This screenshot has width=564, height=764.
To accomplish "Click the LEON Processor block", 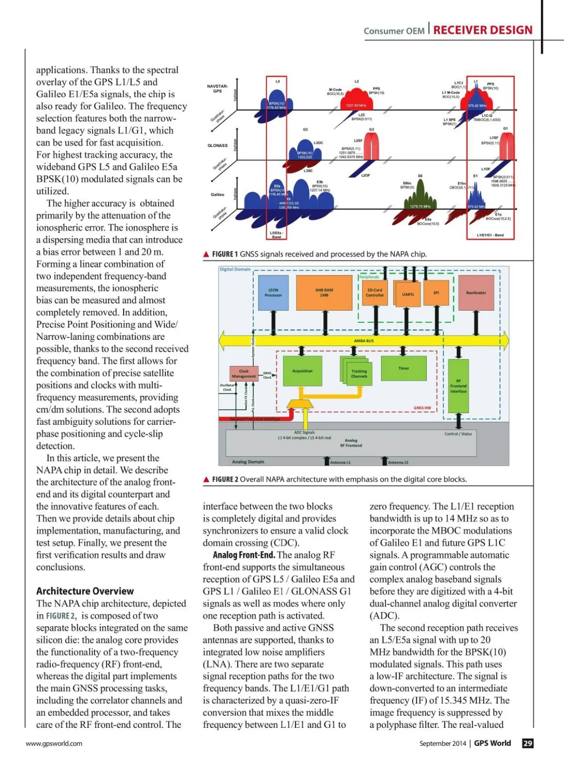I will point(273,293).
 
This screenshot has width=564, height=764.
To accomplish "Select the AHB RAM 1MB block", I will point(324,293).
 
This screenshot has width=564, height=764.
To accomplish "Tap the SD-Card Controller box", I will point(375,293).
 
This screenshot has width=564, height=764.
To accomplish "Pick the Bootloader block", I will point(476,293).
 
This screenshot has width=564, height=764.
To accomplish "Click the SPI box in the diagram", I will point(436,293).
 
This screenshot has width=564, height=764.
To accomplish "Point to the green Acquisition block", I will point(302,371).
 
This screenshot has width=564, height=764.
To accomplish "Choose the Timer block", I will point(404,368).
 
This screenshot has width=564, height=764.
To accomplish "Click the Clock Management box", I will point(244,374).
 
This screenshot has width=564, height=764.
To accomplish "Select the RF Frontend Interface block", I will point(458,386).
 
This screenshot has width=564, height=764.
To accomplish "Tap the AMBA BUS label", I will point(364,341).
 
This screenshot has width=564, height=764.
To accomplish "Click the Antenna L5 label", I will point(398,463).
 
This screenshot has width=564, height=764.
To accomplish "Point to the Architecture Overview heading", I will point(85,591).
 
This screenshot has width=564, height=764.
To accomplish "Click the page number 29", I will point(528,743).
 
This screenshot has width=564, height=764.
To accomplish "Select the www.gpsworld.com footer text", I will point(54,743).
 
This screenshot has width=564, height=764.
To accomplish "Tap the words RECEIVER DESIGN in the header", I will point(483,30).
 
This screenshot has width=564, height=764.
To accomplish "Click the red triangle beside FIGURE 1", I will point(206,254).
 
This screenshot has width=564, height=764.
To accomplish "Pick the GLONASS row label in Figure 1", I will point(218,146).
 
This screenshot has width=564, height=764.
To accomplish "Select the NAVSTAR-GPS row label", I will point(217,88).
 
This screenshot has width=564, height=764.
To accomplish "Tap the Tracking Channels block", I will point(359,374).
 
